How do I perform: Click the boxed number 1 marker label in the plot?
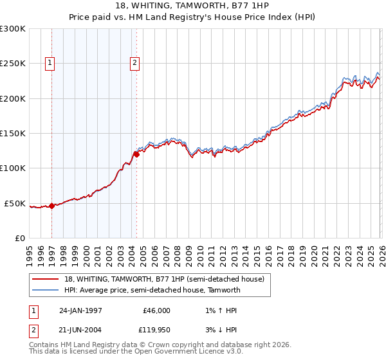(x=50, y=62)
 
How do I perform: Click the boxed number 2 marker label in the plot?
(x=134, y=62)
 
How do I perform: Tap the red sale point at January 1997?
(x=53, y=206)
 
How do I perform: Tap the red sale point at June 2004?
(x=136, y=154)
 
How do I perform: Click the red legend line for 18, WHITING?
(x=46, y=279)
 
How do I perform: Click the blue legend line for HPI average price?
(x=46, y=290)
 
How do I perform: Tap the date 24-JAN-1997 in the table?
(x=80, y=310)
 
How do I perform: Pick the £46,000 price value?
(x=155, y=310)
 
